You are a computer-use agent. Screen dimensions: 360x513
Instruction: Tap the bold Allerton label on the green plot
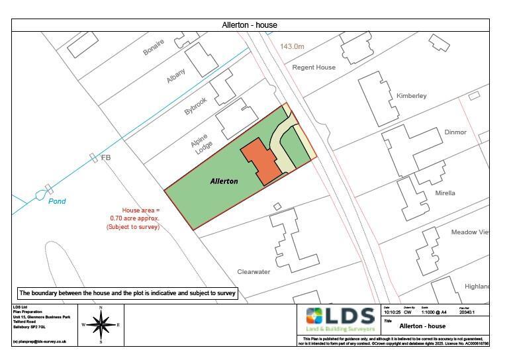click(224, 181)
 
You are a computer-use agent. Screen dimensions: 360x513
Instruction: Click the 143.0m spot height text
click(292, 46)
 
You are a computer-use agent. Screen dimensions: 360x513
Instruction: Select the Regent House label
click(314, 67)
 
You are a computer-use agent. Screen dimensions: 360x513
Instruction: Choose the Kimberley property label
click(412, 96)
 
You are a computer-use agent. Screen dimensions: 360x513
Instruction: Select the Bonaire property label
click(154, 48)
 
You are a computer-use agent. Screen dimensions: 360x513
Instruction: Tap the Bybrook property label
click(196, 107)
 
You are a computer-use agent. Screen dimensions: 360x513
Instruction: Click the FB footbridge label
click(105, 158)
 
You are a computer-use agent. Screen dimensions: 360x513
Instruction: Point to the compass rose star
click(101, 324)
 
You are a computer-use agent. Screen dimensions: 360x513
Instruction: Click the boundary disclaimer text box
click(128, 292)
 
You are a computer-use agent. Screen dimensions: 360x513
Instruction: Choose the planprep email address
click(40, 341)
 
